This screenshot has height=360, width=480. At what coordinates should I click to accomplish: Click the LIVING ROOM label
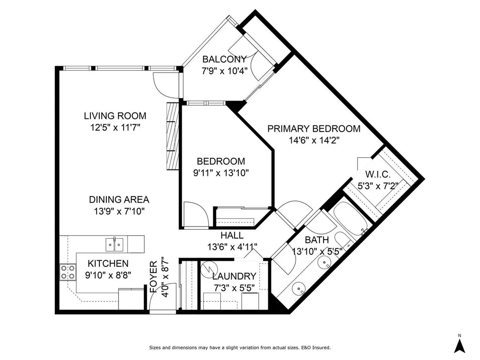pos(115,116)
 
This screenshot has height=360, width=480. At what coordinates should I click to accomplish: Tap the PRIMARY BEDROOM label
pos(314,129)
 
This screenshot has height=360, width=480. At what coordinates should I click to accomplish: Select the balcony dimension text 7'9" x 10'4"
pos(224,71)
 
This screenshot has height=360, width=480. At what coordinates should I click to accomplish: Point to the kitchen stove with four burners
pos(67,272)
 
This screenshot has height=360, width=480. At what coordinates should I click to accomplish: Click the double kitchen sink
pos(114,244)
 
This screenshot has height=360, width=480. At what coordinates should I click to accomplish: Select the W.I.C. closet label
pos(378,175)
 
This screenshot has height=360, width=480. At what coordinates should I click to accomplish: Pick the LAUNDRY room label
pos(234,276)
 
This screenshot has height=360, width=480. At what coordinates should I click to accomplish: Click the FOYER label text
pos(154,277)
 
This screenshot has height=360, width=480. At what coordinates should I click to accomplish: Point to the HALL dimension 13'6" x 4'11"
pos(232,247)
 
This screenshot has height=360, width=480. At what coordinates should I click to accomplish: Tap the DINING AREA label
pos(119,199)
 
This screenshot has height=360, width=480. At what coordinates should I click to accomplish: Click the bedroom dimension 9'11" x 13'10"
pos(221,173)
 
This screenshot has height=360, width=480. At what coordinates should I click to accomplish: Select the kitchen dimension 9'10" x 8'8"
pos(108,275)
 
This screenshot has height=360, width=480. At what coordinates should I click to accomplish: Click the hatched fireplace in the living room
pos(173,136)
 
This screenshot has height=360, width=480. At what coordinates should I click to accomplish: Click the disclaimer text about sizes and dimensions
pos(240,347)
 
